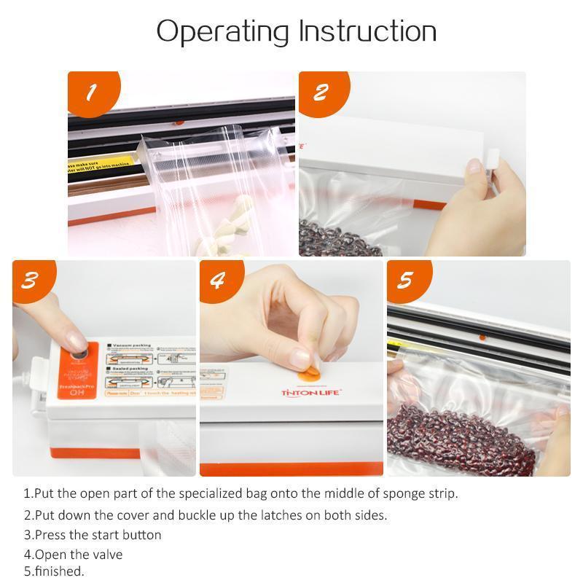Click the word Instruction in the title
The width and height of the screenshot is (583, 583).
(x=367, y=31)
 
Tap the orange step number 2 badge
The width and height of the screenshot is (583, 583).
(x=321, y=93)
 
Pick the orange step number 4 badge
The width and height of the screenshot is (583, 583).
(x=217, y=281)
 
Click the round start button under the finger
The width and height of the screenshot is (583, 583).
(x=77, y=353)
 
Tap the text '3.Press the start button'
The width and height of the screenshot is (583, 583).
(x=93, y=535)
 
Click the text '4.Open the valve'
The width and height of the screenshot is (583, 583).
(x=73, y=555)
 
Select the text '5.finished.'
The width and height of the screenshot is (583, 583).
(x=54, y=571)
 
